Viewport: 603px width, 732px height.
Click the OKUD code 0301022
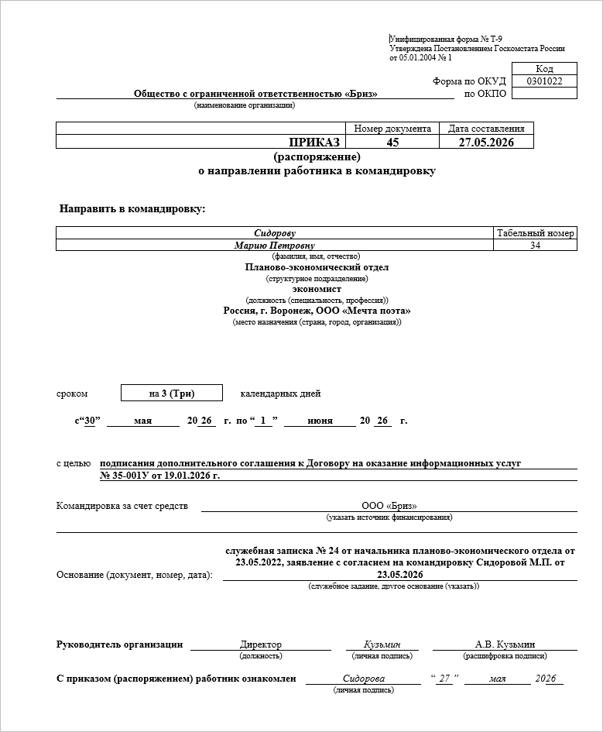click(544, 81)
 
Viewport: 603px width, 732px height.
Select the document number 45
click(392, 142)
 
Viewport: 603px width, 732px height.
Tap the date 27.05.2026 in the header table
click(485, 142)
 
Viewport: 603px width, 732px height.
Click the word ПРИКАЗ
click(314, 142)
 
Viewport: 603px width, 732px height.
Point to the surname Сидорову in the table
click(275, 233)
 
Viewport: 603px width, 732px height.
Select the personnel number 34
click(535, 246)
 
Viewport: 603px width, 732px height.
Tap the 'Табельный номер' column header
click(535, 233)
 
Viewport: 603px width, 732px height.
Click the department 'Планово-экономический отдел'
click(317, 267)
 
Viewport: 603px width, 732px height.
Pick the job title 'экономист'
click(317, 289)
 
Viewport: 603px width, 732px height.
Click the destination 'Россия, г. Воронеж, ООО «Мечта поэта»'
click(317, 311)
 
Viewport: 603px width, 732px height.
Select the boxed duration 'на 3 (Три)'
click(172, 393)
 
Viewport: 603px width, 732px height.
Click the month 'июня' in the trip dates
click(320, 421)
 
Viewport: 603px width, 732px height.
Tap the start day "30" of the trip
click(92, 421)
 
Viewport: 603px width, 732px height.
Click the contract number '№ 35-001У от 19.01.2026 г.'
click(160, 475)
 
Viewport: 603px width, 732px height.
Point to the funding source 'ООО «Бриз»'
click(389, 506)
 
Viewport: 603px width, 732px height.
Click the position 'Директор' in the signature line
click(261, 644)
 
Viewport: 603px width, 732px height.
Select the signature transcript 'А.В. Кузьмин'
click(505, 644)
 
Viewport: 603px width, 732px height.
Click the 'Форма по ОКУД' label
click(469, 81)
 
